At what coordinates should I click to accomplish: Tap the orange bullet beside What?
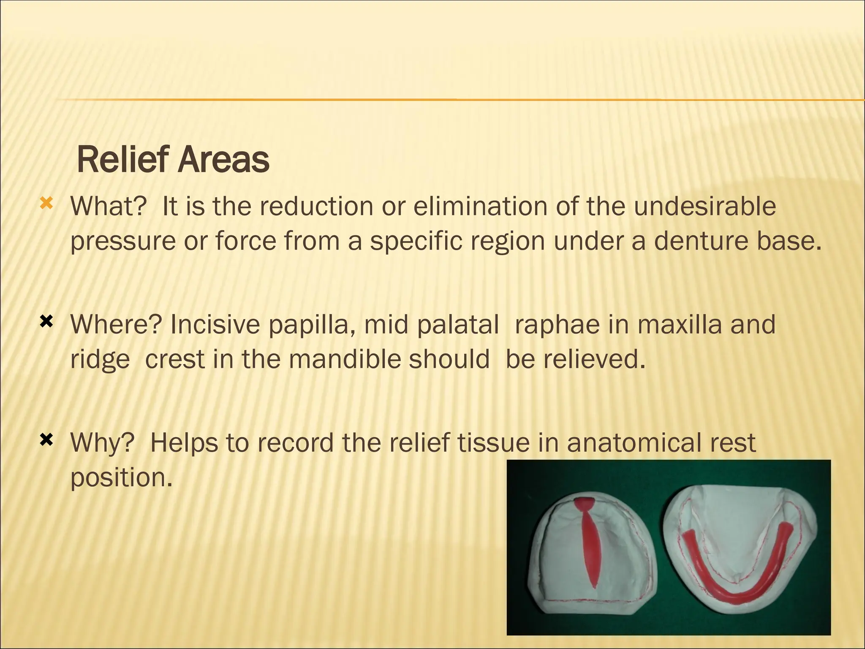pyautogui.click(x=46, y=205)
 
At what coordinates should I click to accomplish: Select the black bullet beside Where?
pyautogui.click(x=46, y=323)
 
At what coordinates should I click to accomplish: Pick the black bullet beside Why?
pyautogui.click(x=46, y=441)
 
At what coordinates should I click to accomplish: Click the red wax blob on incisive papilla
pyautogui.click(x=584, y=504)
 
